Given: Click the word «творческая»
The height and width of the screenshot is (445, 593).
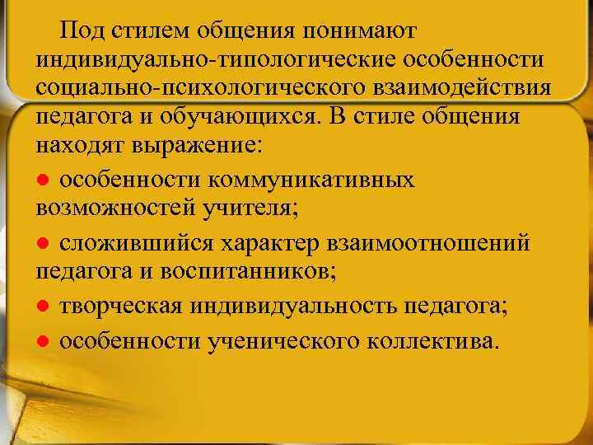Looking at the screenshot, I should tap(123, 306).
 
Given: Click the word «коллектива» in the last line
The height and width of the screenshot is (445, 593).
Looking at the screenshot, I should tap(437, 340).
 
